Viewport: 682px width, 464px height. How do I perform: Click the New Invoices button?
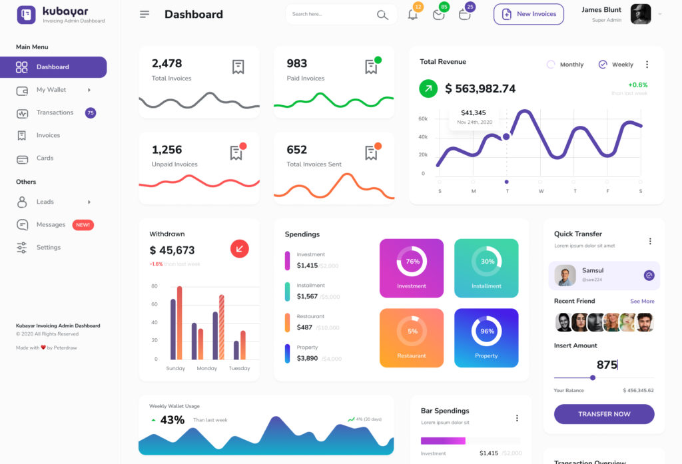pyautogui.click(x=529, y=14)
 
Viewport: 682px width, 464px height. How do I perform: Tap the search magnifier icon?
pyautogui.click(x=382, y=15)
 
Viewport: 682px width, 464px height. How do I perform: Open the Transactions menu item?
pyautogui.click(x=55, y=113)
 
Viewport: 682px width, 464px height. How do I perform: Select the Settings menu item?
pyautogui.click(x=48, y=247)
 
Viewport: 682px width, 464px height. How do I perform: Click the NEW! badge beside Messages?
pyautogui.click(x=83, y=225)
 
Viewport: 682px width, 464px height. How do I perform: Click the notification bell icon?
pyautogui.click(x=413, y=15)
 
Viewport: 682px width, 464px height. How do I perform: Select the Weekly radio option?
pyautogui.click(x=603, y=65)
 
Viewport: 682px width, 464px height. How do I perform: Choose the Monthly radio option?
pyautogui.click(x=551, y=65)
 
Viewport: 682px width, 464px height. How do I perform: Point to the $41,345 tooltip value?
pyautogui.click(x=474, y=113)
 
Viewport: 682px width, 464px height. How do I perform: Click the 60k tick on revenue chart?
pyautogui.click(x=423, y=118)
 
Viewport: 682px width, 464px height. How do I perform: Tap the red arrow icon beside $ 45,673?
pyautogui.click(x=240, y=249)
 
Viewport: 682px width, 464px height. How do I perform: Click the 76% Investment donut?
pyautogui.click(x=412, y=262)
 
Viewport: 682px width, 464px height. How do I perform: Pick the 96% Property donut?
pyautogui.click(x=486, y=331)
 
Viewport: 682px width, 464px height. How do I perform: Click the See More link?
pyautogui.click(x=642, y=301)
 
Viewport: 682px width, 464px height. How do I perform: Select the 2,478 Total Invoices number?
pyautogui.click(x=167, y=63)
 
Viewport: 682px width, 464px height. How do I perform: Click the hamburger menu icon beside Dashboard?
pyautogui.click(x=145, y=14)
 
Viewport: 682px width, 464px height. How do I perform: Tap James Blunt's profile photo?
pyautogui.click(x=641, y=14)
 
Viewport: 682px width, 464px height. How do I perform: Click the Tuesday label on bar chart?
pyautogui.click(x=239, y=368)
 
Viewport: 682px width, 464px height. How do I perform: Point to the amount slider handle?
pyautogui.click(x=593, y=377)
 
